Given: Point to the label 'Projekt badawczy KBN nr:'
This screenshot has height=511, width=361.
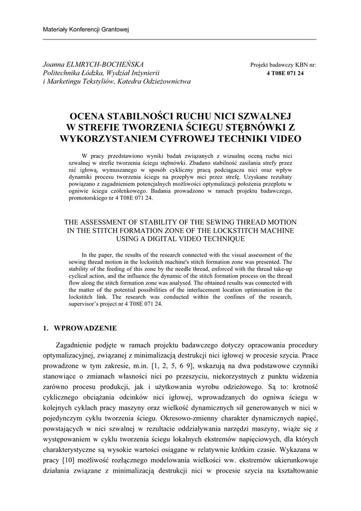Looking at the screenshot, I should (283, 65).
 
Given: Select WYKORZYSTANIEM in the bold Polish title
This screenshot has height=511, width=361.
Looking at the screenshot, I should (117, 137).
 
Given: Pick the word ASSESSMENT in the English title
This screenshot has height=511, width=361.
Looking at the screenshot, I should (111, 222).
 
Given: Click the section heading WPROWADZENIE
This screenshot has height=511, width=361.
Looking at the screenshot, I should (85, 328).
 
